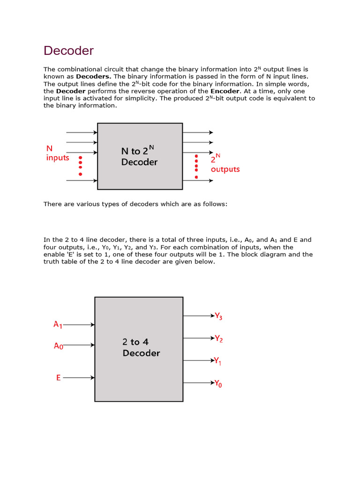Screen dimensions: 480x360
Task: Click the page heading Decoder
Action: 68,51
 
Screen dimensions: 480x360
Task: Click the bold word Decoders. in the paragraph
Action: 93,76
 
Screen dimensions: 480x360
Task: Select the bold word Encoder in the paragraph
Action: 225,91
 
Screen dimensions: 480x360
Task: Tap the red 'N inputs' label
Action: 57,153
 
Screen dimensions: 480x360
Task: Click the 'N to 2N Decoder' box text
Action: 139,157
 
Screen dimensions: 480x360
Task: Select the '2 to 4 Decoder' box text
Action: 141,347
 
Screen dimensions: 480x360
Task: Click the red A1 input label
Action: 58,324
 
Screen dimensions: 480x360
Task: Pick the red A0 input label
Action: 58,346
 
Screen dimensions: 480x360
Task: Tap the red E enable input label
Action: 59,377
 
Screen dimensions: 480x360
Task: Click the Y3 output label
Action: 218,316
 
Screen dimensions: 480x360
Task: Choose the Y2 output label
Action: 218,338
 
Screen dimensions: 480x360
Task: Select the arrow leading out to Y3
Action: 198,316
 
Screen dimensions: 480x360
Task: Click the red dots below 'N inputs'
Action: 80,166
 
